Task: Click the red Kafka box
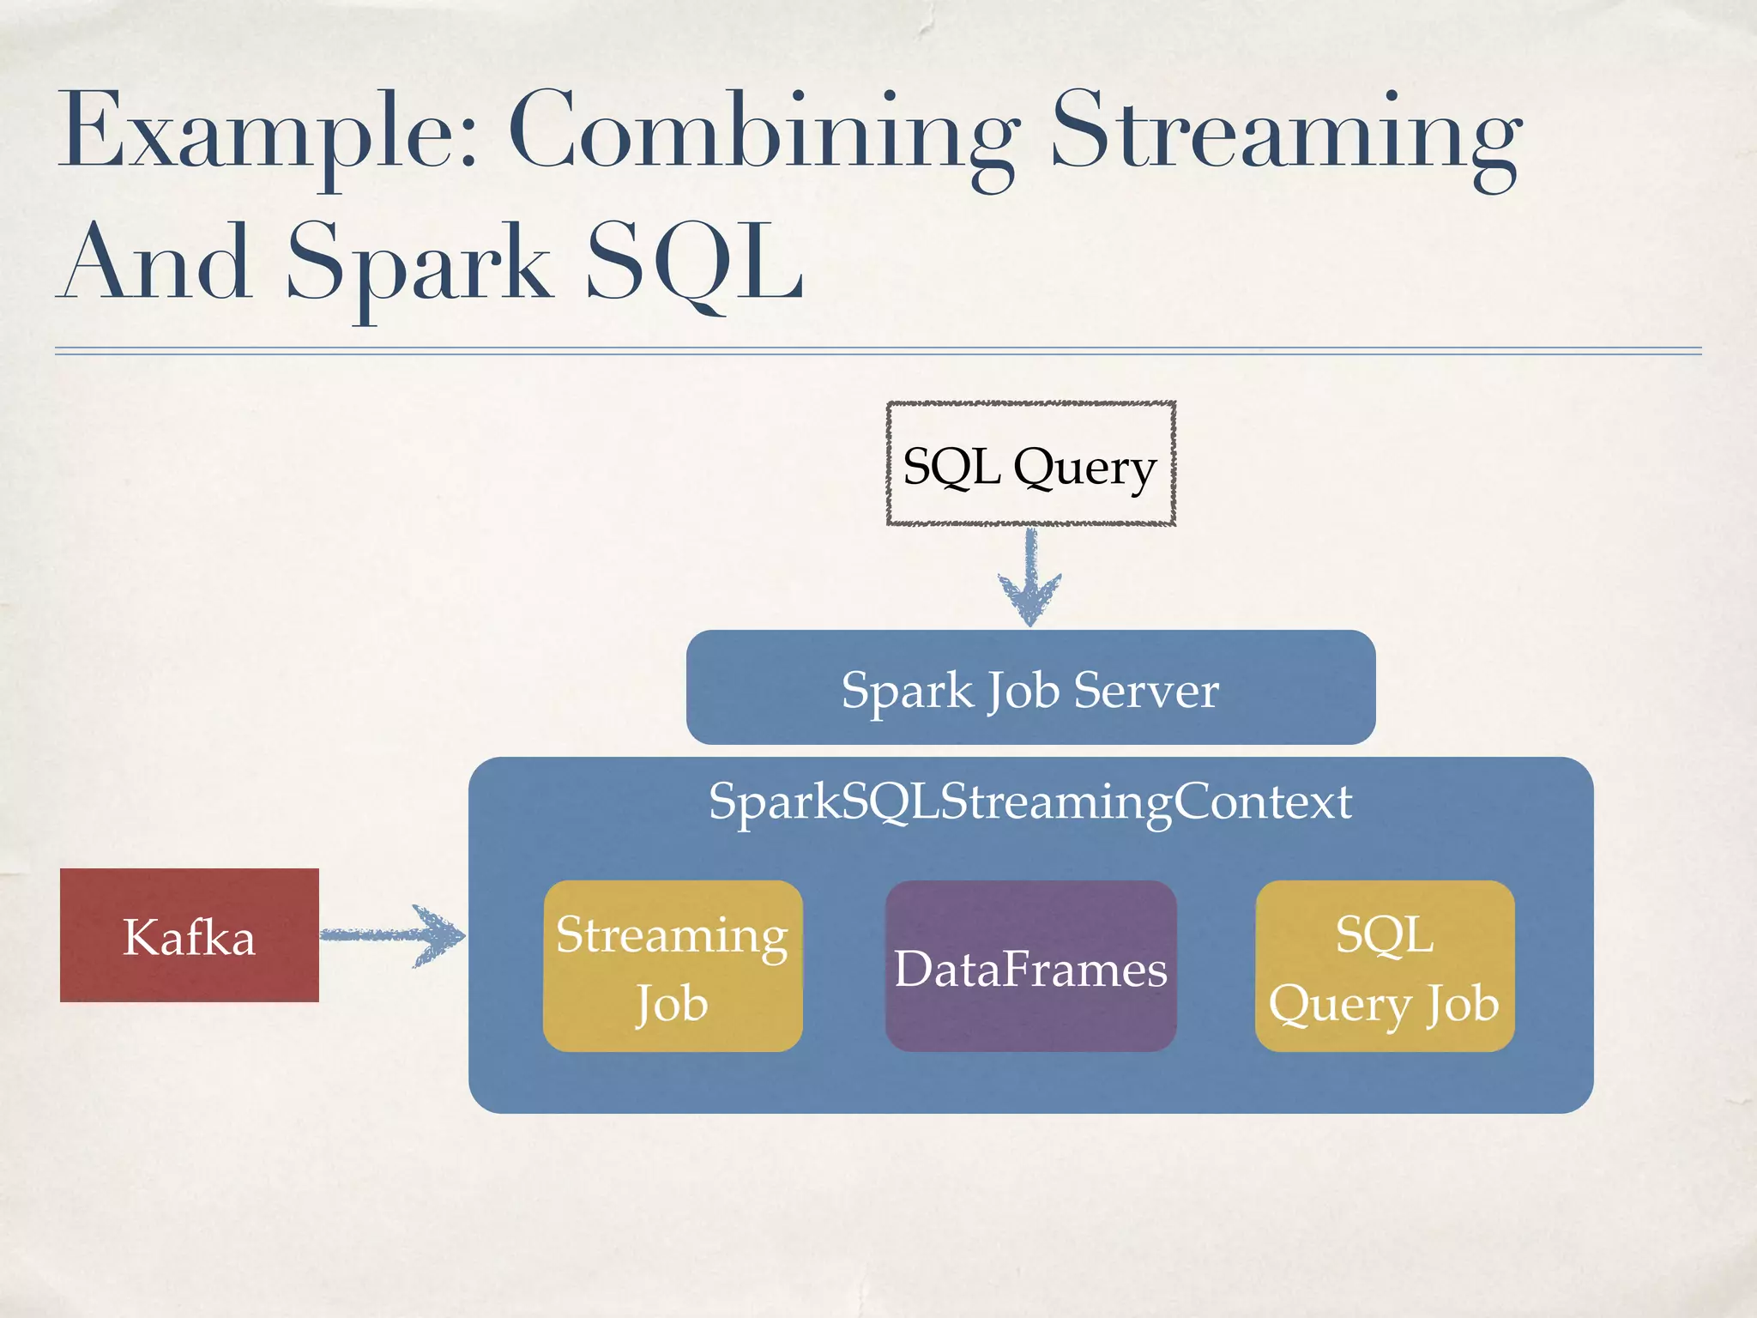[189, 935]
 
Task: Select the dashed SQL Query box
[1030, 463]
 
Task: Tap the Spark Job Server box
[1030, 687]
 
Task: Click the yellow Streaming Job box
[673, 966]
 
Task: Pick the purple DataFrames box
[1030, 967]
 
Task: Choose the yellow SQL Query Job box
[1384, 967]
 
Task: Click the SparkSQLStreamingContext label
[1030, 801]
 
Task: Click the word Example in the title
[257, 133]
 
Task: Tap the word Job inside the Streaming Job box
[672, 1004]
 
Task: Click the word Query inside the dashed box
[1084, 469]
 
